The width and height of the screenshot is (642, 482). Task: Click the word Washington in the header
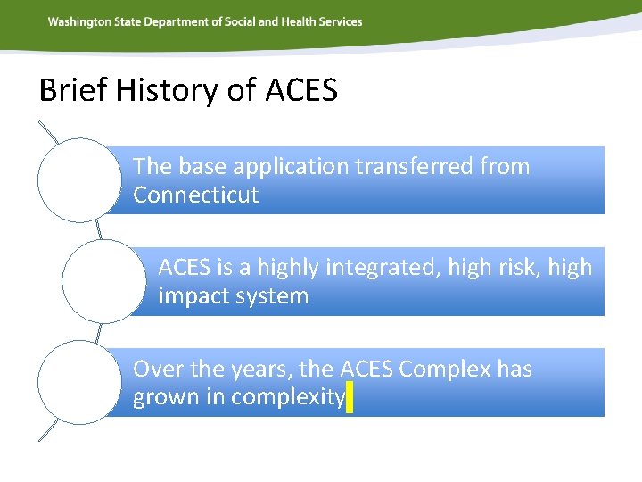[79, 21]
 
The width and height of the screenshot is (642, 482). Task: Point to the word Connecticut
[195, 195]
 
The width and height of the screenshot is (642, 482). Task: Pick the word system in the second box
[272, 296]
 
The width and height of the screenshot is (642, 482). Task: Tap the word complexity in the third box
[288, 398]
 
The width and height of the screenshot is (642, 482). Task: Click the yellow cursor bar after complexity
[349, 397]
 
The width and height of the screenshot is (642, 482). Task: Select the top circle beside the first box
[79, 179]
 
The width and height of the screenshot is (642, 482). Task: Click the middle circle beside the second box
[103, 281]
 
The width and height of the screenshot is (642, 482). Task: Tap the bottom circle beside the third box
[79, 382]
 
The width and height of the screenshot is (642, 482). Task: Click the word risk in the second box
[518, 267]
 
